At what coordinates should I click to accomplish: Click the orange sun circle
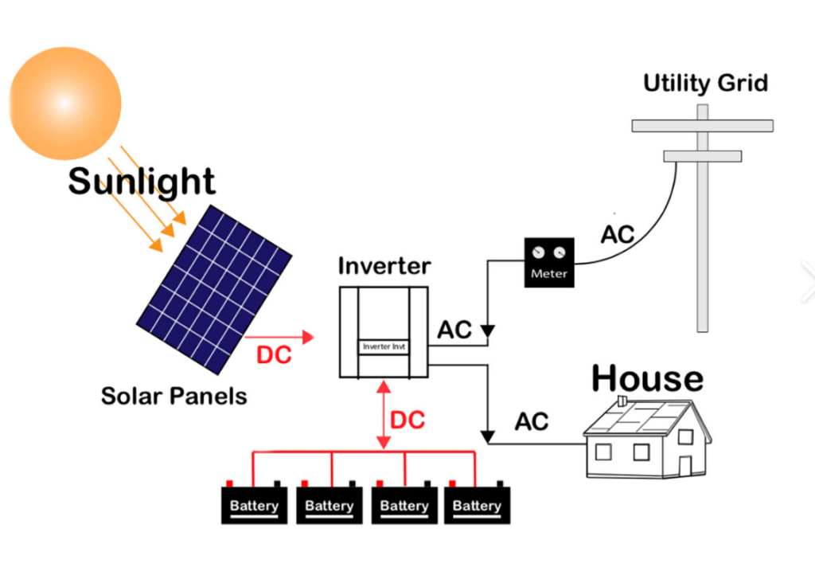tap(65, 103)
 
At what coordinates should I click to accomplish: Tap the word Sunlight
tap(142, 182)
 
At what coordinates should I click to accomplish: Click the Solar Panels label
tap(174, 396)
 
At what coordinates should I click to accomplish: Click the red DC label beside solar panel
tap(273, 355)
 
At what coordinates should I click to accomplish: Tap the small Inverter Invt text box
tap(384, 346)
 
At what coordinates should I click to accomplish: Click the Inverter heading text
tap(384, 266)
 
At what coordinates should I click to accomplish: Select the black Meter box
tap(550, 262)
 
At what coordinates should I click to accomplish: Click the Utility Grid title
tap(705, 83)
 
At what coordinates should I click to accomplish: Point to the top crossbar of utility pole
tap(702, 125)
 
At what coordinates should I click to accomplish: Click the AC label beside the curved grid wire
tap(617, 235)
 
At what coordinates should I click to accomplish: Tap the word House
tap(647, 379)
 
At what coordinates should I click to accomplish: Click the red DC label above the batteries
tap(407, 420)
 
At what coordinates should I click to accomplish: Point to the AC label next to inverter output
tap(454, 330)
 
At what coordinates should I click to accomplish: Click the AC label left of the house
tap(532, 422)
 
